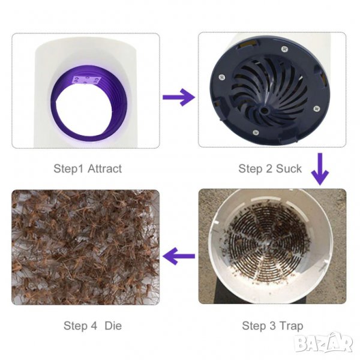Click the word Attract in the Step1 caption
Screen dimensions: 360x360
[104, 169]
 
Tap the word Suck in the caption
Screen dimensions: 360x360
[289, 169]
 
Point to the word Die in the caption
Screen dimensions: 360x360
[113, 326]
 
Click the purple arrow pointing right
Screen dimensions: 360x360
[179, 97]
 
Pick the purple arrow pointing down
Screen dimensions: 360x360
[320, 169]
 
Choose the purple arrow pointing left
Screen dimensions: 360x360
[179, 256]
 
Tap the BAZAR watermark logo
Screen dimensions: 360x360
[324, 342]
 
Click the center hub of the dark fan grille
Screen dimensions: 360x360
[264, 110]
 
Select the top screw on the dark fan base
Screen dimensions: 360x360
[284, 49]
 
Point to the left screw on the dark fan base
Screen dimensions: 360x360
[221, 77]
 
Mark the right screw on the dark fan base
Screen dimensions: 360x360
[317, 108]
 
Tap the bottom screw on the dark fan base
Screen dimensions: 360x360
[256, 132]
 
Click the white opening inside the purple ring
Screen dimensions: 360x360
[85, 111]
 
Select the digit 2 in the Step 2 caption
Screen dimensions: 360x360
[269, 169]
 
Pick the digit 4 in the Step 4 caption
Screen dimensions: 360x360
[94, 326]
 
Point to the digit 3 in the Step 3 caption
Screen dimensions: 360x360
[272, 326]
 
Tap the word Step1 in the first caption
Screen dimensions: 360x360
[69, 169]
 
